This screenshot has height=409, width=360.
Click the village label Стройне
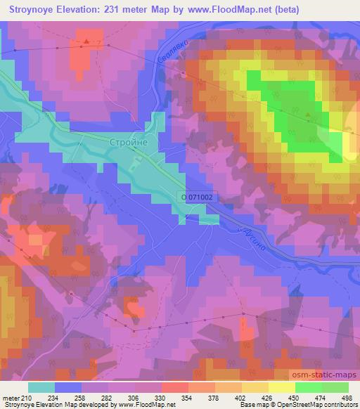(x=128, y=142)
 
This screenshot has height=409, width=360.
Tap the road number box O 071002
(x=197, y=198)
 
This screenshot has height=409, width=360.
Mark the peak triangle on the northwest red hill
(x=86, y=41)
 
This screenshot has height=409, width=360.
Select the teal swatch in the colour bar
(x=41, y=387)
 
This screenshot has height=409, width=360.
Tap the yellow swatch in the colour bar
(x=255, y=387)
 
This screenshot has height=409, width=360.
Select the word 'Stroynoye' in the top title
(x=30, y=10)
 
